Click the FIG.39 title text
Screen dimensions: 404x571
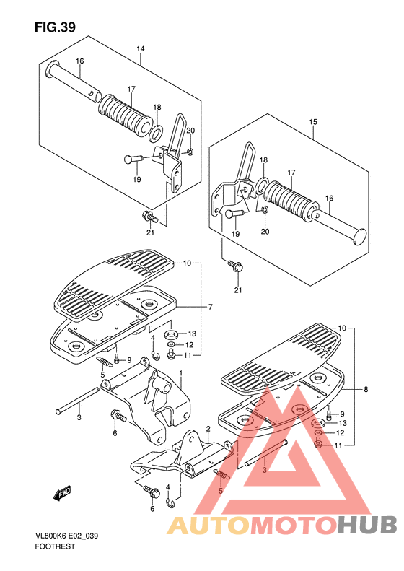[55, 27]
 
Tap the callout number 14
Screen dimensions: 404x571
[141, 49]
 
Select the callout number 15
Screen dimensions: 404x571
[313, 122]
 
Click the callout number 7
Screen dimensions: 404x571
[210, 307]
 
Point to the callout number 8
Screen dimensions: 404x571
[366, 389]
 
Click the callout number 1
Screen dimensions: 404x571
[180, 373]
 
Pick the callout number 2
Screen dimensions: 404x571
[208, 429]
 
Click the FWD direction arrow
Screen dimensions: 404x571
[62, 493]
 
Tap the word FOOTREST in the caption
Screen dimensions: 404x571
[55, 546]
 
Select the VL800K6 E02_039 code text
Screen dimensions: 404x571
[66, 536]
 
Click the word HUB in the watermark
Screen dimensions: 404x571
[367, 525]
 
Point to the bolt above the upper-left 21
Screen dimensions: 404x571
[150, 217]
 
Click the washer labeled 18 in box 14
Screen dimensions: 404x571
[156, 134]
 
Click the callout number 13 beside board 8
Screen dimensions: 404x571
[342, 423]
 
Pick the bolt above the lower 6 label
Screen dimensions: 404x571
[151, 491]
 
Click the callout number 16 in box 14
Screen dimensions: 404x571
[79, 61]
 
